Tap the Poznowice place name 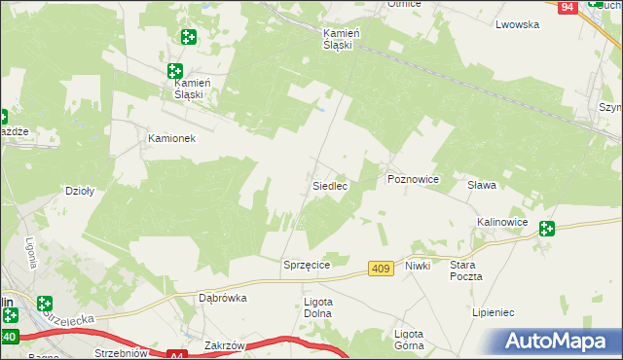[414, 180]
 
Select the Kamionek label [172, 138]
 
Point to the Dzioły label [79, 192]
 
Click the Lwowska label [517, 24]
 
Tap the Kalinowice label [502, 222]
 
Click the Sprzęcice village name [308, 265]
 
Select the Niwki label [419, 265]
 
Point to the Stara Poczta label [466, 270]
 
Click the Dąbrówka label [223, 299]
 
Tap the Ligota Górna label [409, 339]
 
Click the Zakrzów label [224, 344]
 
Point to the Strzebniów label [121, 353]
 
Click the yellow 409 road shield [383, 268]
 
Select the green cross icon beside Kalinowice [547, 229]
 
